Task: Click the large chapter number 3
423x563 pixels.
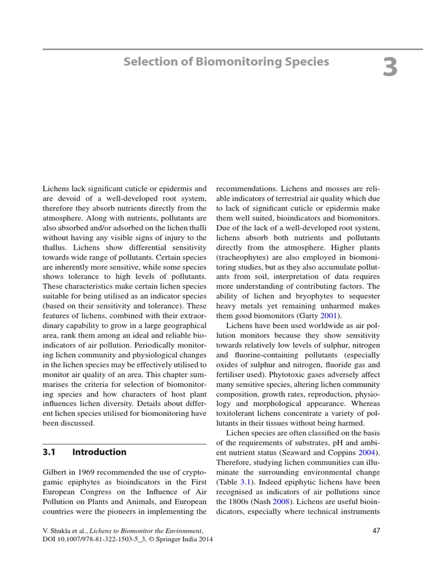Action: pyautogui.click(x=389, y=68)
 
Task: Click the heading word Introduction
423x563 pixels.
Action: pyautogui.click(x=99, y=452)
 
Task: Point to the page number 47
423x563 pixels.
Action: pyautogui.click(x=376, y=531)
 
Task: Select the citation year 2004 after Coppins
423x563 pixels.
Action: pyautogui.click(x=369, y=452)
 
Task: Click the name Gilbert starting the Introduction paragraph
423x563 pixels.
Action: pyautogui.click(x=56, y=472)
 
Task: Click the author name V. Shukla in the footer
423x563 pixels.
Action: pyautogui.click(x=59, y=531)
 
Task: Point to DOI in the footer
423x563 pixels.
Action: pyautogui.click(x=51, y=539)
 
